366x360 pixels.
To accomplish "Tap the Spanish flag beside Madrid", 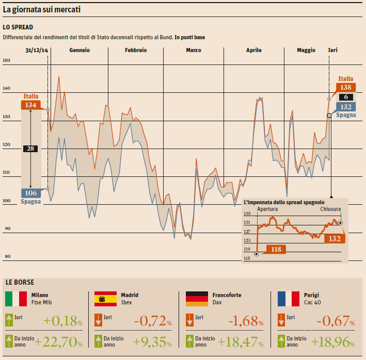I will point(105,299).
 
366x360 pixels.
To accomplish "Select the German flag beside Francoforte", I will point(196,299).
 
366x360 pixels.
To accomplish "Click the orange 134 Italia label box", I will point(30,105).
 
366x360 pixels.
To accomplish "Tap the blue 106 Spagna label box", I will point(30,193).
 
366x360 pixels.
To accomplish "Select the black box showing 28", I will point(30,149).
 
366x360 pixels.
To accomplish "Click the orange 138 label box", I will point(345,87).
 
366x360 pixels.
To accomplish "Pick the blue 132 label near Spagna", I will point(345,107).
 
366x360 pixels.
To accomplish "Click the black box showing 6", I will point(345,97).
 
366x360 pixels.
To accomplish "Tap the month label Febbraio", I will point(136,50).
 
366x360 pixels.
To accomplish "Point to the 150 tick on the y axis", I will point(7,61).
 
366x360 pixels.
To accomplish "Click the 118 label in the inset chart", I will point(276,249).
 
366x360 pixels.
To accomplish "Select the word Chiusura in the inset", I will point(330,209).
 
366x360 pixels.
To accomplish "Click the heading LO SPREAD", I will point(18,27).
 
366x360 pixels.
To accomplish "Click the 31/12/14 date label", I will point(37,50).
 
